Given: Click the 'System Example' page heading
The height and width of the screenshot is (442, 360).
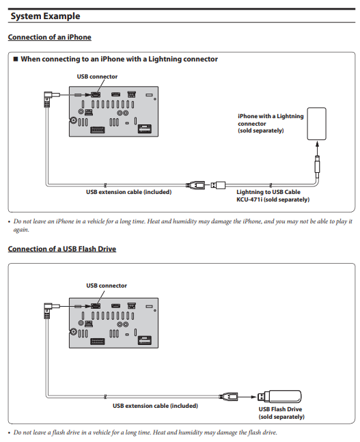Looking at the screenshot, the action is (x=45, y=16).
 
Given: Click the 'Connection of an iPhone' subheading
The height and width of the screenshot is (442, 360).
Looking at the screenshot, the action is (x=50, y=37).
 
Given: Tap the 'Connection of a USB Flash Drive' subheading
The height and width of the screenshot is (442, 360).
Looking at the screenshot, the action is (x=62, y=249).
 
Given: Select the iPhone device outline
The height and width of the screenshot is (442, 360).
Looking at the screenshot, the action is (x=316, y=124).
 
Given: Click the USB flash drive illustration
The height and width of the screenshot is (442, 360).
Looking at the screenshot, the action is (x=279, y=397).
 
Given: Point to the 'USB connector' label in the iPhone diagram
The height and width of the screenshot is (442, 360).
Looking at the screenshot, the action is (x=97, y=77).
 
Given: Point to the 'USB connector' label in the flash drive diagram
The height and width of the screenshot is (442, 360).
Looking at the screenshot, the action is (x=107, y=286).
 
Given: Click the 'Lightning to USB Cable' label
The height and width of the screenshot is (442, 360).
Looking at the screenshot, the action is (x=268, y=192).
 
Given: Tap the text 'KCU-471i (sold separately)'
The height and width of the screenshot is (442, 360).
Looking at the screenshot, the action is (x=273, y=199).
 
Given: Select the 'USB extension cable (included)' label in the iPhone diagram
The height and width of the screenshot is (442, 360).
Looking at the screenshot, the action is (x=129, y=192).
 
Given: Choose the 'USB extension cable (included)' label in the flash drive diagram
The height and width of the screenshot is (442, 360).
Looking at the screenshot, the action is (x=155, y=406).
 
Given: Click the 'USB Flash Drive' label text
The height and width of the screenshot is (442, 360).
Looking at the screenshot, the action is (x=280, y=409).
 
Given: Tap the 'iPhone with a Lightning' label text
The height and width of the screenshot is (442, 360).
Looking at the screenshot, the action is (x=271, y=116).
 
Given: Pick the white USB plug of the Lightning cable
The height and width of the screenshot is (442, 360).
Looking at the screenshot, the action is (x=219, y=185).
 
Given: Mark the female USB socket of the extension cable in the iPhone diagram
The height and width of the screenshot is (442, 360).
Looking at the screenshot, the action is (x=195, y=185).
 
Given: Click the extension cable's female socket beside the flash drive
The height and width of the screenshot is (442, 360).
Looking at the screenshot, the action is (x=228, y=397).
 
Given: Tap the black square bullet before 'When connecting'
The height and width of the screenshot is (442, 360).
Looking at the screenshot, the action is (x=16, y=59).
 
